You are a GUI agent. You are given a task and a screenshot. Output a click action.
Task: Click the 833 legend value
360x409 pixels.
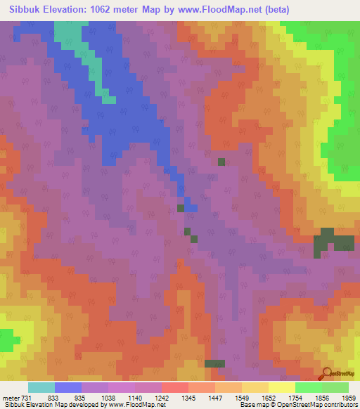pos(53,397)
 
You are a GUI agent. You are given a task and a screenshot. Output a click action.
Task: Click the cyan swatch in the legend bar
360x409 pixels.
pos(41,387)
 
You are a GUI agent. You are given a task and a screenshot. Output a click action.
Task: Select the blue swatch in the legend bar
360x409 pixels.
pos(68,387)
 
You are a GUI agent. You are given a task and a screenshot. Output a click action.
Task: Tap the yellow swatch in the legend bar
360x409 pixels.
pos(281,387)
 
